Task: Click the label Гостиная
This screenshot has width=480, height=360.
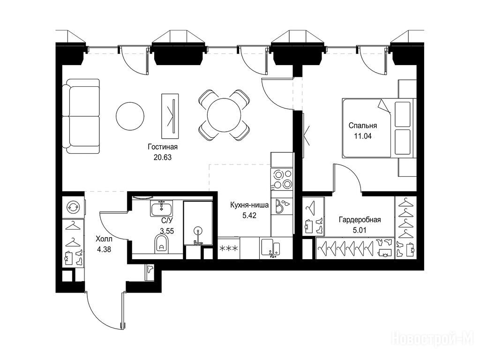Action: [163, 147]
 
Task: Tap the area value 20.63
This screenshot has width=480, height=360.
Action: [163, 157]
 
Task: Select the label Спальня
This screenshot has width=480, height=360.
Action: [363, 126]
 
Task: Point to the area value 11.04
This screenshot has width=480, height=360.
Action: [363, 136]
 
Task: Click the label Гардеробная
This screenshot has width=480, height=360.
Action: [360, 220]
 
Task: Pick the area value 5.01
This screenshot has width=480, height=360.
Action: [360, 230]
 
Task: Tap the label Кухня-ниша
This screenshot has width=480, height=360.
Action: [249, 205]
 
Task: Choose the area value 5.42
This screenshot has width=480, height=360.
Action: [249, 216]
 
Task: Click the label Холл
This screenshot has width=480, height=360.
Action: [104, 239]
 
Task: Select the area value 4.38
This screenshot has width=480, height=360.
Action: [104, 249]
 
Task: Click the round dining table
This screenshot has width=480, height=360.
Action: [224, 115]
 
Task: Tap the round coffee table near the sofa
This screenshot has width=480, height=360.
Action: [130, 116]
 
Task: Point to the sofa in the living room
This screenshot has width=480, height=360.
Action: [81, 116]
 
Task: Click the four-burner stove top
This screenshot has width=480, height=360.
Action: [282, 180]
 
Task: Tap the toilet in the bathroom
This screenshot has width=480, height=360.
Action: [161, 243]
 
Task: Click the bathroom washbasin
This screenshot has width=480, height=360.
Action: [162, 209]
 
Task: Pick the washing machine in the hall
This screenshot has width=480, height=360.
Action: [74, 207]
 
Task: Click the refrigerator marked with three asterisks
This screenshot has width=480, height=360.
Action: [229, 248]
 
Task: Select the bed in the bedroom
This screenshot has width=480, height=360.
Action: [379, 128]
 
